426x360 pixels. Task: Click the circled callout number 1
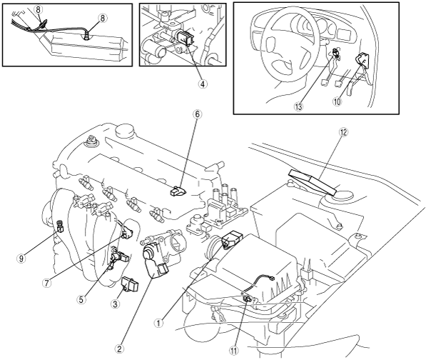click(158, 324)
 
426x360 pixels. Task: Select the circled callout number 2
click(119, 349)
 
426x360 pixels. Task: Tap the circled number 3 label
click(115, 304)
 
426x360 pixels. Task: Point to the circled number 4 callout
click(202, 84)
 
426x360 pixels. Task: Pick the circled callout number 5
click(81, 299)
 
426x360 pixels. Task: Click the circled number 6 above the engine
click(198, 114)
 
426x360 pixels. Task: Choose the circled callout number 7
click(46, 283)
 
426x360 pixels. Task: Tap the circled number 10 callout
click(337, 102)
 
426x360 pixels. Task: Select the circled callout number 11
click(233, 351)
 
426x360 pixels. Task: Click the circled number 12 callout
click(344, 132)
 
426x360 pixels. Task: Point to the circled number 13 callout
click(298, 106)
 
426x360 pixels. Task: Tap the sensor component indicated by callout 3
click(130, 284)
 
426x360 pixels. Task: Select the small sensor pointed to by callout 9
click(59, 226)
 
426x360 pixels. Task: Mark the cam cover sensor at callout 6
click(176, 191)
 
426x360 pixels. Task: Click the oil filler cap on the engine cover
click(126, 131)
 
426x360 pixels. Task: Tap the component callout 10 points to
click(362, 61)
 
